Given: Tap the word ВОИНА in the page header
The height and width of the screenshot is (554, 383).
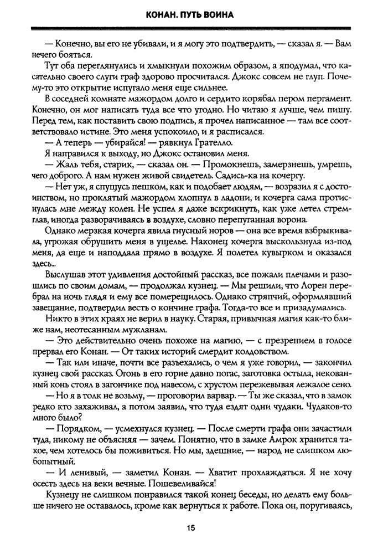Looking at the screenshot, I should tap(218, 15).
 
